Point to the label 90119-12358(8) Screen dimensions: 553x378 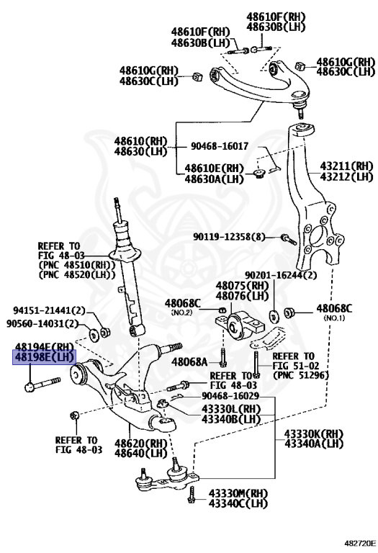point(229,237)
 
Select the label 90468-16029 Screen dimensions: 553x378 point(230,396)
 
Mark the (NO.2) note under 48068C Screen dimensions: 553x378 point(181,313)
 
